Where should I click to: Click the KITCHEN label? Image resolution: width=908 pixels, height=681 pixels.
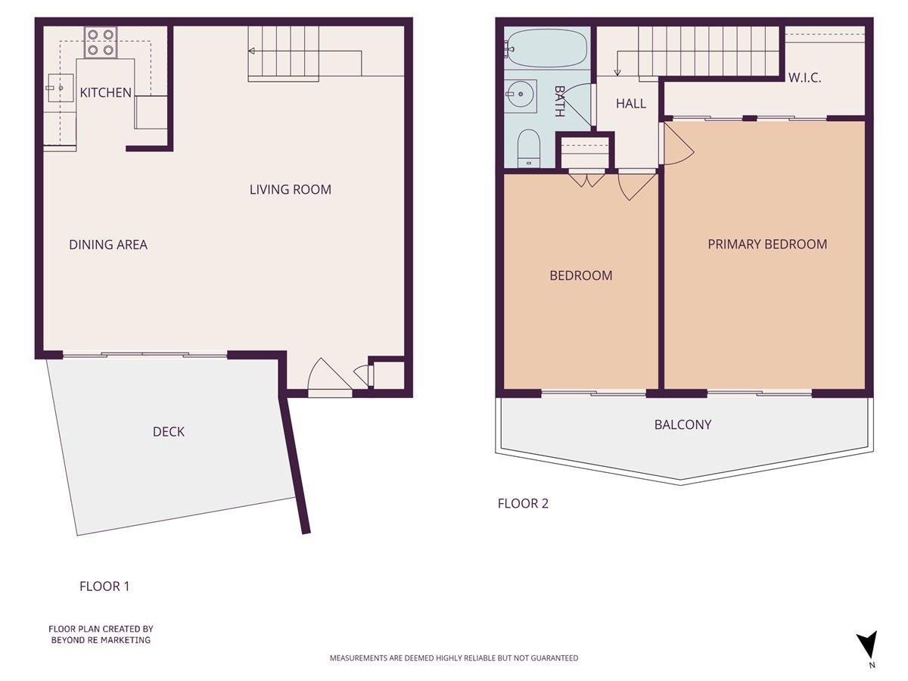coord(106,93)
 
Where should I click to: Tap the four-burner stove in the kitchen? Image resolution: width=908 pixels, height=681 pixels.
coord(100,42)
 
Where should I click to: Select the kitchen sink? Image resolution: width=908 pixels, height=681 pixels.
coord(58,89)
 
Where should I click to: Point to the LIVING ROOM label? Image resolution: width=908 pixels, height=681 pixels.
coord(291,189)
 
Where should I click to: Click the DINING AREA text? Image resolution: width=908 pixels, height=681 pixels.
coord(108,244)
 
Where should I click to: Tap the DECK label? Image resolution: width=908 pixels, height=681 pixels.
coord(169,431)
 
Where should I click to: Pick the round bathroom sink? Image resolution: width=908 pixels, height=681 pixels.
coord(521,96)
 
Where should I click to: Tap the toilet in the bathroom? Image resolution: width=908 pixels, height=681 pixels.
coord(527,148)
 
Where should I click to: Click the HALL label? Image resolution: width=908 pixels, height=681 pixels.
coord(631,104)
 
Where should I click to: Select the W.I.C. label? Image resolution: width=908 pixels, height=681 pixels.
coord(805,78)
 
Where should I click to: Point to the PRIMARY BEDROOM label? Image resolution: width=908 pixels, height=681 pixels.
coord(767,244)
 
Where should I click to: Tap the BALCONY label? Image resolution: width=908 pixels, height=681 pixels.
coord(683,424)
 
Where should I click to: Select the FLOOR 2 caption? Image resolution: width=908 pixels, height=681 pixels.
coord(523,503)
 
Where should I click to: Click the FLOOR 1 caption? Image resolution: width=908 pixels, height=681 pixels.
coord(104,586)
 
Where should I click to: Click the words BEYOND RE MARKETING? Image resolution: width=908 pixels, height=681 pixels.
coord(101,640)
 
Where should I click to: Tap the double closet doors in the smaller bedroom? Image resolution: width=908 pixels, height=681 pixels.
coord(586,179)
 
